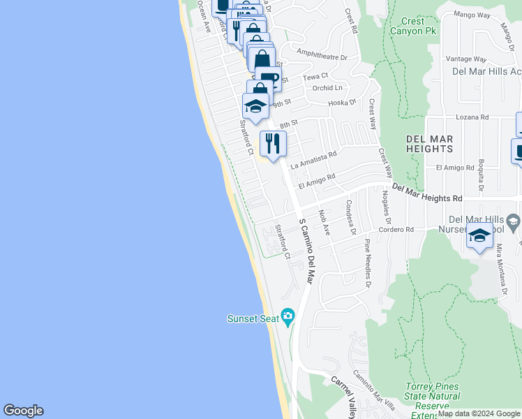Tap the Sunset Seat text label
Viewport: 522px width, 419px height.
click(x=253, y=319)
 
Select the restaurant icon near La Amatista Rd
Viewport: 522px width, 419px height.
click(x=272, y=143)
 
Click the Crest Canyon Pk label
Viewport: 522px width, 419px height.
click(x=412, y=27)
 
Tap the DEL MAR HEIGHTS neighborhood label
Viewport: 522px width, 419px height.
click(x=430, y=144)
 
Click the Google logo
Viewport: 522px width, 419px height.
click(x=23, y=411)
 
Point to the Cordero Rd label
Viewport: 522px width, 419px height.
click(x=396, y=229)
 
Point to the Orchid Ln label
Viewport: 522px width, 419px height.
click(x=328, y=88)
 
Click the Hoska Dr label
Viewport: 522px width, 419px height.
click(x=343, y=103)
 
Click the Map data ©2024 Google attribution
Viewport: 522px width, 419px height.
click(x=479, y=413)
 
